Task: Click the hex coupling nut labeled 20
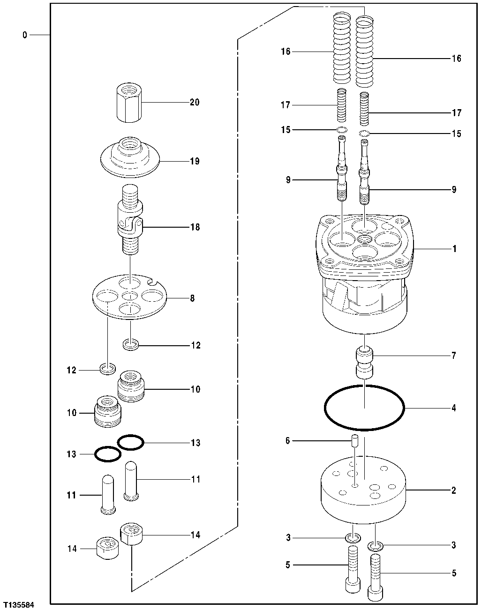coord(128,103)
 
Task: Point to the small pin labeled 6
coord(355,441)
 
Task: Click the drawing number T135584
coord(18,605)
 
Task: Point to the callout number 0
coord(25,35)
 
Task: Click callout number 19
coord(194,161)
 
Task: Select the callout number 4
coord(453,408)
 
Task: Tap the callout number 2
coord(453,490)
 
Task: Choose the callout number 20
coord(194,102)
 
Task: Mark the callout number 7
coord(453,356)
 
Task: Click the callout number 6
coord(287,441)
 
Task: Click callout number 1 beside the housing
coord(454,249)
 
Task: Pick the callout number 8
coord(192,298)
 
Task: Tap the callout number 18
coord(194,227)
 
